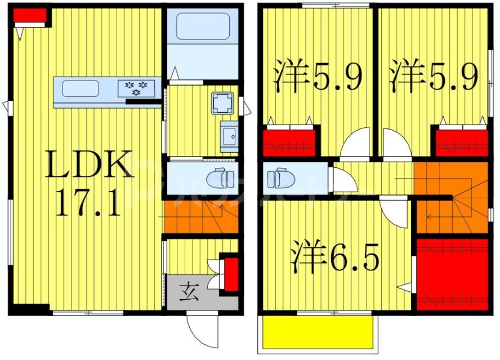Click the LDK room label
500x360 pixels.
pyautogui.click(x=90, y=165)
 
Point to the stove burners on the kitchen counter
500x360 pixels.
pyautogui.click(x=136, y=88)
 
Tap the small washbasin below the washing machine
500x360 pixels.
pyautogui.click(x=229, y=136)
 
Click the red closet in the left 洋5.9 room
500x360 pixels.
pyautogui.click(x=289, y=143)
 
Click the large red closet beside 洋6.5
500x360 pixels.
pyautogui.click(x=452, y=274)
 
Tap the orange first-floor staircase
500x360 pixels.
pyautogui.click(x=200, y=216)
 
